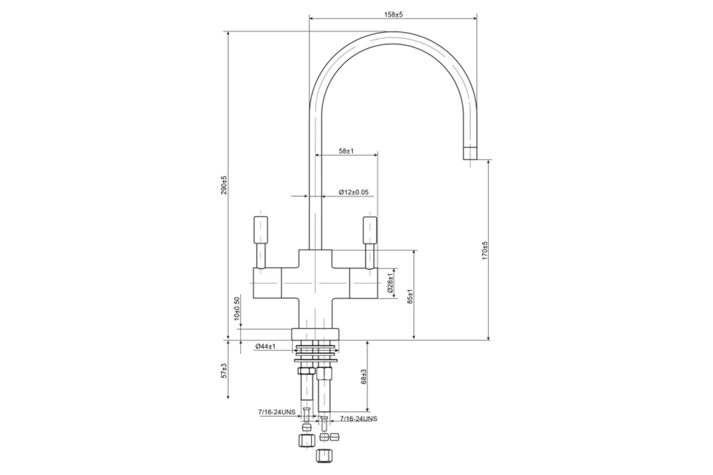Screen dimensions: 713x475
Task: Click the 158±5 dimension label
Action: (x=393, y=15)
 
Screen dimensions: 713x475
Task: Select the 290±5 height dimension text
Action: (x=225, y=185)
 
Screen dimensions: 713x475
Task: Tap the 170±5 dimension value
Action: (x=485, y=251)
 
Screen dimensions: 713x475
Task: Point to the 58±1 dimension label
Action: (x=346, y=151)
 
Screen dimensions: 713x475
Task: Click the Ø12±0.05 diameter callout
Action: (x=354, y=192)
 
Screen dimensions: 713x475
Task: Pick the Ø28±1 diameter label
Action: (x=390, y=283)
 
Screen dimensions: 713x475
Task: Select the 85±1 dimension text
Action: (x=410, y=296)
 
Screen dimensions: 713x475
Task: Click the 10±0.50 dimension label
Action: (x=236, y=309)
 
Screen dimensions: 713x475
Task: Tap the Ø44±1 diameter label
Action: (x=265, y=346)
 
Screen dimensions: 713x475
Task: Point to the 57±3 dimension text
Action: (x=225, y=370)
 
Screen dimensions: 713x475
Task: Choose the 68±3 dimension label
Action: (x=364, y=376)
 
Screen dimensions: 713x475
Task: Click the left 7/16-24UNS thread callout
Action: (x=277, y=412)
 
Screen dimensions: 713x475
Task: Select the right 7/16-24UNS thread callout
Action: (x=358, y=419)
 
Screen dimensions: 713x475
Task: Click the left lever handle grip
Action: (x=261, y=230)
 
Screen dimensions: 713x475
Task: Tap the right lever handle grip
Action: (x=370, y=230)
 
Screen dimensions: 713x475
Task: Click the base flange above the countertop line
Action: (x=315, y=334)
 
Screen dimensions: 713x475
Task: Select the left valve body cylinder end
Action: (x=267, y=283)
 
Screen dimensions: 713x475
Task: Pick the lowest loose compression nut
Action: (x=324, y=455)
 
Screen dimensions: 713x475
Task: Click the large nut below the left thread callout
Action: (x=307, y=441)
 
